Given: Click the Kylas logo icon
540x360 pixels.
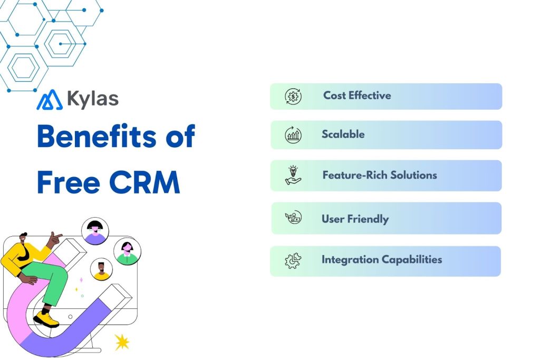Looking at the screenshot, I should pos(49,100).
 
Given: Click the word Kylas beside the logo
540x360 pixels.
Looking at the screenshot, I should pos(93,99).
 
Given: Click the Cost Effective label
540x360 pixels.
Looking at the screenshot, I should pos(357,95).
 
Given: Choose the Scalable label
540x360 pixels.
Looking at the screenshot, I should pos(343,134).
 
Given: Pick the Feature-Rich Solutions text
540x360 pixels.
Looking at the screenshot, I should pos(380,175).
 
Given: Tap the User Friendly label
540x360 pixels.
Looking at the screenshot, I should pos(355,219).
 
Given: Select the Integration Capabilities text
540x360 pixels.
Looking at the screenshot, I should pos(382,260).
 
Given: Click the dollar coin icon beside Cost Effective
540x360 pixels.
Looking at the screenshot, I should pos(293,96).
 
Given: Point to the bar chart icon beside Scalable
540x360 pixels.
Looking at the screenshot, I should pos(293,135).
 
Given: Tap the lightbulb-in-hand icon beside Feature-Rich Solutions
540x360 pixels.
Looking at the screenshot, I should pos(293,176).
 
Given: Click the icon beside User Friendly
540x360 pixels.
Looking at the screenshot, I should pos(293,218).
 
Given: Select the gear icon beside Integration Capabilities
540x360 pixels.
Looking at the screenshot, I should pos(293,261).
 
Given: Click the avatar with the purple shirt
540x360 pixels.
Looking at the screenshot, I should pos(95,231).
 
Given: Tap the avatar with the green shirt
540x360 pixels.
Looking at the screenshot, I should pos(127,251).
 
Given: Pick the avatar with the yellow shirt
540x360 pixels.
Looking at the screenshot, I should pos(101,270).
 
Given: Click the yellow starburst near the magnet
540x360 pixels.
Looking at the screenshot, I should pos(122,343).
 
